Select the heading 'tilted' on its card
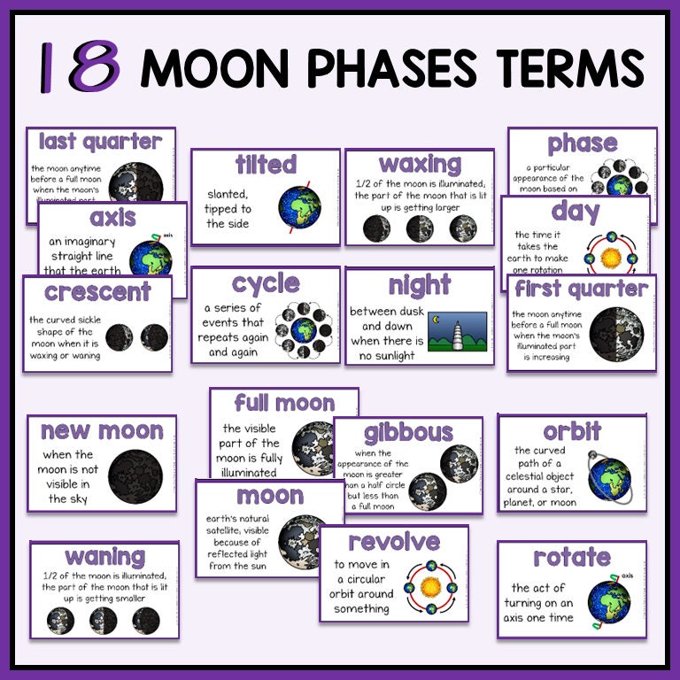click(266, 165)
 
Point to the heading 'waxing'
click(420, 164)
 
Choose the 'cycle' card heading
click(266, 283)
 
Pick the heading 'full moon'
click(284, 404)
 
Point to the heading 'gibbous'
click(408, 433)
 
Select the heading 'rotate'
click(571, 557)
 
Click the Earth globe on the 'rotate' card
click(608, 601)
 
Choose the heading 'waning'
click(104, 557)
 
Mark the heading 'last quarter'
click(100, 142)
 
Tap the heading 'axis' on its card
click(112, 218)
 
